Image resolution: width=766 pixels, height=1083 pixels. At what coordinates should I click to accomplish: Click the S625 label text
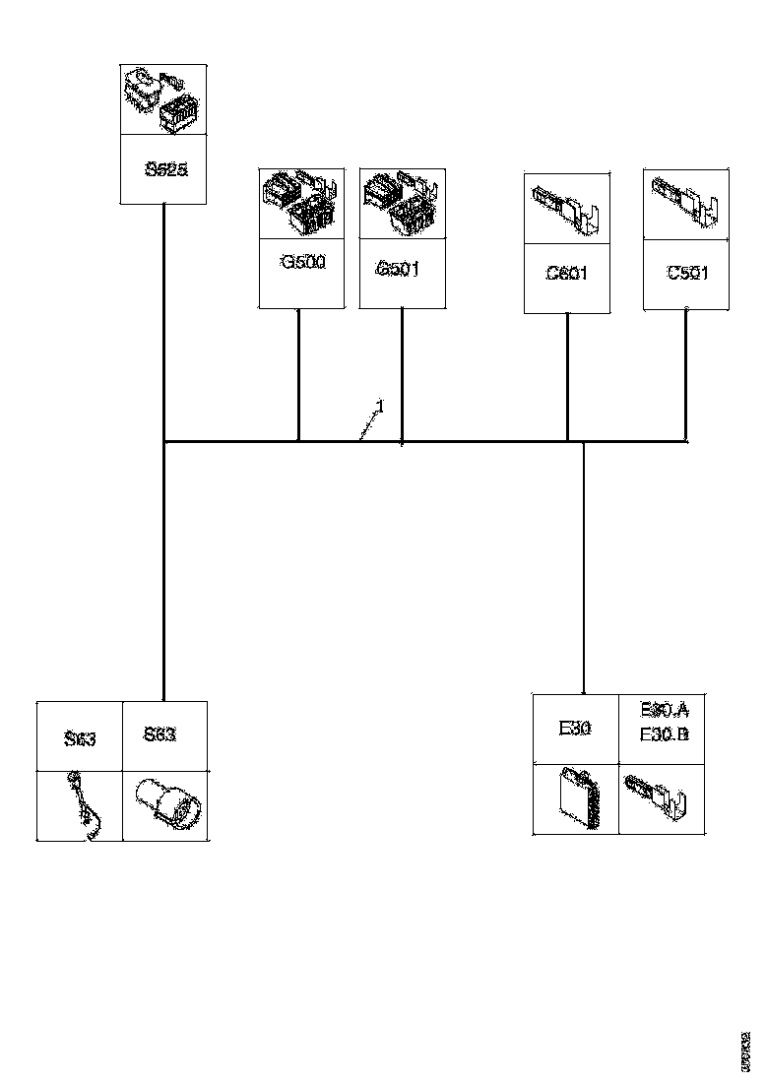point(163,168)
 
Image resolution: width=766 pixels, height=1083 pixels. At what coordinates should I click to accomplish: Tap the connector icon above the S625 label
point(163,100)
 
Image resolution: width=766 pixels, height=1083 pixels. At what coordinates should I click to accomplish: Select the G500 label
point(301,263)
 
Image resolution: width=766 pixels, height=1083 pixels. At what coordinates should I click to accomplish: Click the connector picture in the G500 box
point(301,204)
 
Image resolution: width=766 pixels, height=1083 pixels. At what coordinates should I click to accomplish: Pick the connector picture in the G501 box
point(401,204)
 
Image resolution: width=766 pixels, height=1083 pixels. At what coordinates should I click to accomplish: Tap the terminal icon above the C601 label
point(566,208)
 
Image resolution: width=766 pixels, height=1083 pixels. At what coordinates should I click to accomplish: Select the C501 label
point(686,274)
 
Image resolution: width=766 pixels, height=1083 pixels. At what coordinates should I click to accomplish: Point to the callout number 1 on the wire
point(380,406)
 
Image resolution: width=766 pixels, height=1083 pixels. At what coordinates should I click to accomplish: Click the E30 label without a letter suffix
point(574,729)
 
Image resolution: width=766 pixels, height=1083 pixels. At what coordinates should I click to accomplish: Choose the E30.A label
point(664,711)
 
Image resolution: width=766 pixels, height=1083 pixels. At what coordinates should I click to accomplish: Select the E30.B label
point(664,734)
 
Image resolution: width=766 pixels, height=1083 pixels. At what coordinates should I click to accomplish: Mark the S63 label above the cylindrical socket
point(160,734)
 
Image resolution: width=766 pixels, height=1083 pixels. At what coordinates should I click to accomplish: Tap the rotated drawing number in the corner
point(745,1052)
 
